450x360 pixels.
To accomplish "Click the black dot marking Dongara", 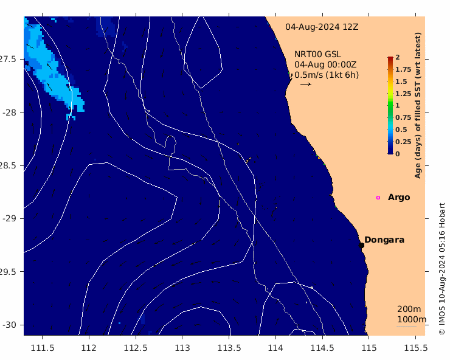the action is pos(361,245).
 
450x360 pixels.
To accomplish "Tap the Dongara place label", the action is pos(384,240).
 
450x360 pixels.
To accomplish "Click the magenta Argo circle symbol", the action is pos(378,198).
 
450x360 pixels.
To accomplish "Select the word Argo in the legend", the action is pos(399,198).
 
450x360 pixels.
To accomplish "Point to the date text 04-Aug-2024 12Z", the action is pos(322,27).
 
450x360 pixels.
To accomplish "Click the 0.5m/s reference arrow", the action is pos(306,84).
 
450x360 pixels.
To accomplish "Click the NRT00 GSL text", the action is pos(317,54).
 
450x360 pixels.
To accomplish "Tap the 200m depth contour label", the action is pos(409,309).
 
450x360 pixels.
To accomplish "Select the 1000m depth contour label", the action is pos(412,319).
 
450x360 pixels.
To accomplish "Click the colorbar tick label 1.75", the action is pos(403,69).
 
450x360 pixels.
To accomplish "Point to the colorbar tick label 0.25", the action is pos(403,142).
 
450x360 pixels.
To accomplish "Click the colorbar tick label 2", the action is pos(398,57).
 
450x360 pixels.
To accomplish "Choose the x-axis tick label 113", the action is pos(182,348).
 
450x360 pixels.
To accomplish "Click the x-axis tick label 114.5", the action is pos(322,348).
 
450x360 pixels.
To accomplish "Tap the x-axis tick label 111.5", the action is pos(42,348).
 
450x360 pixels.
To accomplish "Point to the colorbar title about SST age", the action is pos(418,105).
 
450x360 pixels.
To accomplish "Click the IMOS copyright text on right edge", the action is pos(442,269).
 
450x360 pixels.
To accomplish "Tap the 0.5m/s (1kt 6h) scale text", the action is pos(327,75).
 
